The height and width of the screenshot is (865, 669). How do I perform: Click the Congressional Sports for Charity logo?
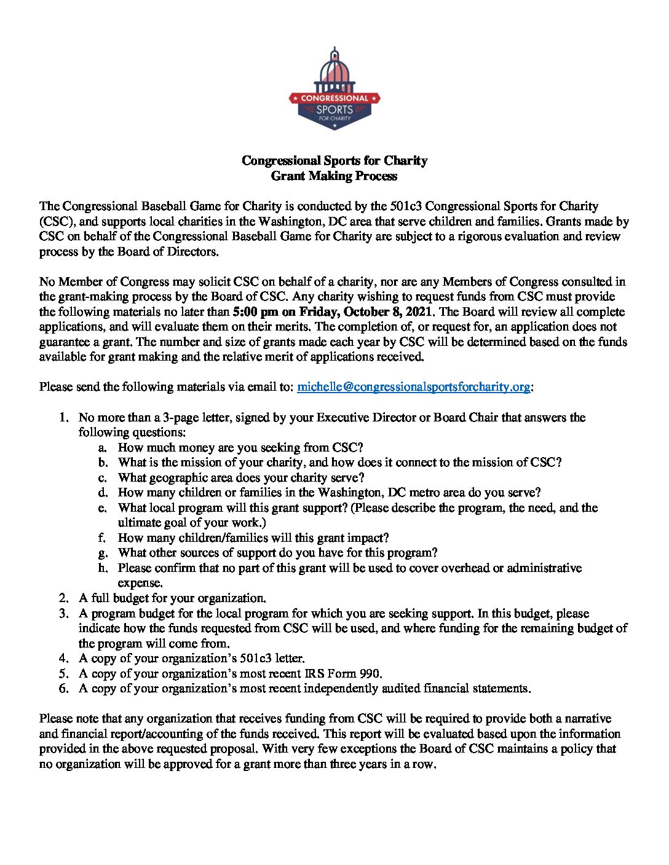coord(334,89)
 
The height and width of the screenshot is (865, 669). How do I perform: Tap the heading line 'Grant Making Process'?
coord(334,176)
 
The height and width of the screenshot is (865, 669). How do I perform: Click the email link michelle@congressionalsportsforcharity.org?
coord(413,387)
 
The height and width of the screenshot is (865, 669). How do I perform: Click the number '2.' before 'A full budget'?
coord(64,598)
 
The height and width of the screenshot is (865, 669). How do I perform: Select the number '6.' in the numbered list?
coord(64,689)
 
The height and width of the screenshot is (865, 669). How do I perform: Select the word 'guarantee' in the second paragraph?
coord(65,342)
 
